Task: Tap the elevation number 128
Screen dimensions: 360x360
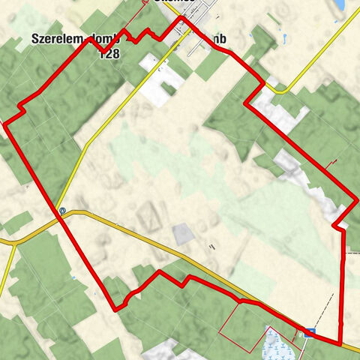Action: [108, 53]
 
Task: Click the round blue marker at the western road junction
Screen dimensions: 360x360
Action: [62, 211]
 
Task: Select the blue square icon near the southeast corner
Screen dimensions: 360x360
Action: [310, 331]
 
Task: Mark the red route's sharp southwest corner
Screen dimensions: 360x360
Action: [115, 308]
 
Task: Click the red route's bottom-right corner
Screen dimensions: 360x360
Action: [340, 343]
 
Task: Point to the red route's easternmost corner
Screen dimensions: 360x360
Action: [355, 201]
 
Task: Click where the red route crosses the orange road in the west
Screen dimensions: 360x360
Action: [58, 213]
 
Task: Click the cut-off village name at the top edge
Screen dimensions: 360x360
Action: [173, 2]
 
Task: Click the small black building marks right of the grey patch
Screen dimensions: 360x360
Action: [213, 245]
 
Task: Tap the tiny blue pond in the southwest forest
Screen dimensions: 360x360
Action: [73, 277]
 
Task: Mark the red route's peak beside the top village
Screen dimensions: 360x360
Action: [180, 18]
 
